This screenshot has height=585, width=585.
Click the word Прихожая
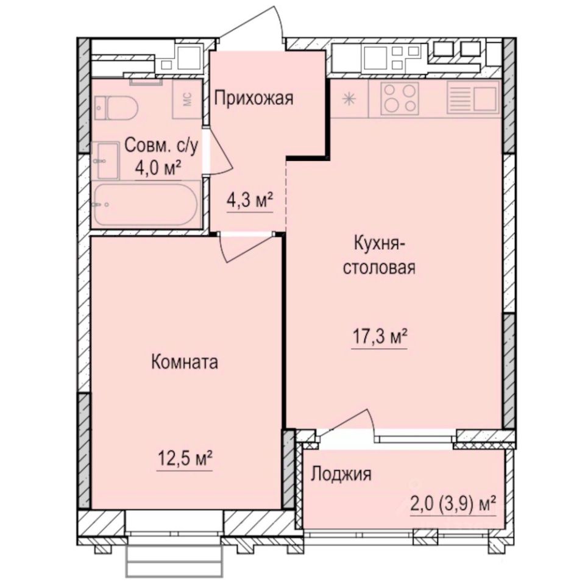pos(253,98)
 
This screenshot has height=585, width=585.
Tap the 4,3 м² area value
pos(250,200)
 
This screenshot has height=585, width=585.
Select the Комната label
pos(184,363)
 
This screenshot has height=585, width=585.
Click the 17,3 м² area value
pos(379,336)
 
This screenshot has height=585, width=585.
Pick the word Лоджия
pos(341,475)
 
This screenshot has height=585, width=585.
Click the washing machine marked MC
pos(188,98)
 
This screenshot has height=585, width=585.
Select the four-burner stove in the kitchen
pos(400,99)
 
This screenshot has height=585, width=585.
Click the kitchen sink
pos(473,97)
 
